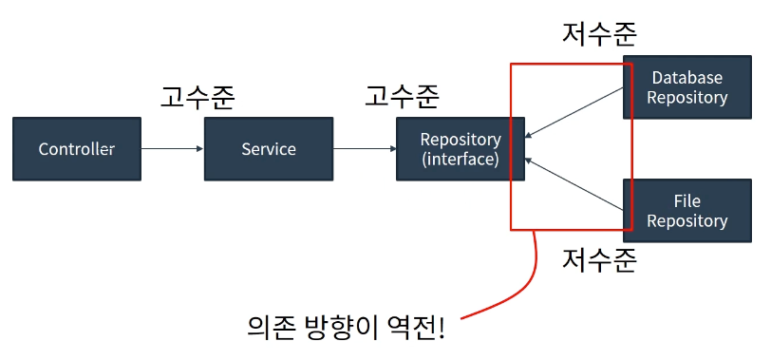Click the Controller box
[x=77, y=148]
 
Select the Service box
[x=269, y=148]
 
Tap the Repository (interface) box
[x=461, y=148]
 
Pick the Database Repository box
[x=686, y=87]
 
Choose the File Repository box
[x=686, y=211]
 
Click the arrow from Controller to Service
[x=173, y=148]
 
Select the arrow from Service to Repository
[x=365, y=148]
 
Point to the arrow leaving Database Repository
[x=574, y=113]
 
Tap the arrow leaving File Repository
[x=574, y=184]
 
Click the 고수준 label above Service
[x=197, y=97]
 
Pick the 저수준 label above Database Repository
[x=599, y=34]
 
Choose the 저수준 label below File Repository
[x=599, y=260]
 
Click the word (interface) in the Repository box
[x=461, y=160]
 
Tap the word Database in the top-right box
[x=686, y=78]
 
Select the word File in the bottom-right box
[x=686, y=200]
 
